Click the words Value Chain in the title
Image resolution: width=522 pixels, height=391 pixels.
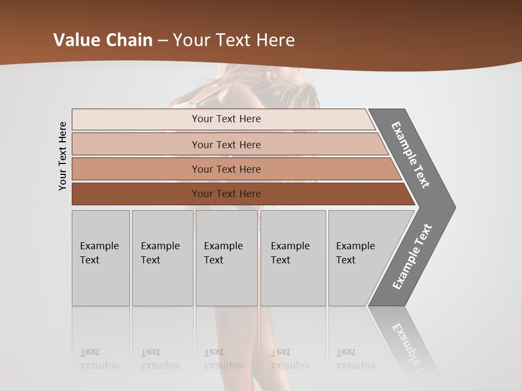coord(103,40)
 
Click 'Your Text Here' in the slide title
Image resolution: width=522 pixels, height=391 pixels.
coord(234,40)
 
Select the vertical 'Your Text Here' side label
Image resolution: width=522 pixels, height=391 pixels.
coord(63,156)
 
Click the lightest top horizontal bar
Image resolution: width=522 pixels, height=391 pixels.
coord(136,119)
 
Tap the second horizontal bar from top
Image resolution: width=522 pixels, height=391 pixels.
coord(136,144)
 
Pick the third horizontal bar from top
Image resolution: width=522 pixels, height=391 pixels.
coord(136,169)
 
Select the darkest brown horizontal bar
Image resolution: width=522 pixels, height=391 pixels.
coord(136,194)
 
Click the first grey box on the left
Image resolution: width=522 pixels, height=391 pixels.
coord(101,258)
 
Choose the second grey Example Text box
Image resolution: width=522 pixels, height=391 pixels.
coord(162,258)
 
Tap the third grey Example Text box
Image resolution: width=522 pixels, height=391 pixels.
coord(226,258)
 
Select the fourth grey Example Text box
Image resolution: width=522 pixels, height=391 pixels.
coord(293,258)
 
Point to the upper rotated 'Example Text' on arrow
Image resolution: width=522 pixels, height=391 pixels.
coord(411,155)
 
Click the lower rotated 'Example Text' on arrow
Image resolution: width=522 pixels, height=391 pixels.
coord(412,256)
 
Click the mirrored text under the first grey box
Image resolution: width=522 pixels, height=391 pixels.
coord(99,359)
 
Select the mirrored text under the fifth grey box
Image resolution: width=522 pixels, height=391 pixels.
coord(355,359)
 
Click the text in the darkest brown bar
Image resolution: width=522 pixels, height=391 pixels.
coord(226,194)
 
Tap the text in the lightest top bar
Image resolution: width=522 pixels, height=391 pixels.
coord(226,119)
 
